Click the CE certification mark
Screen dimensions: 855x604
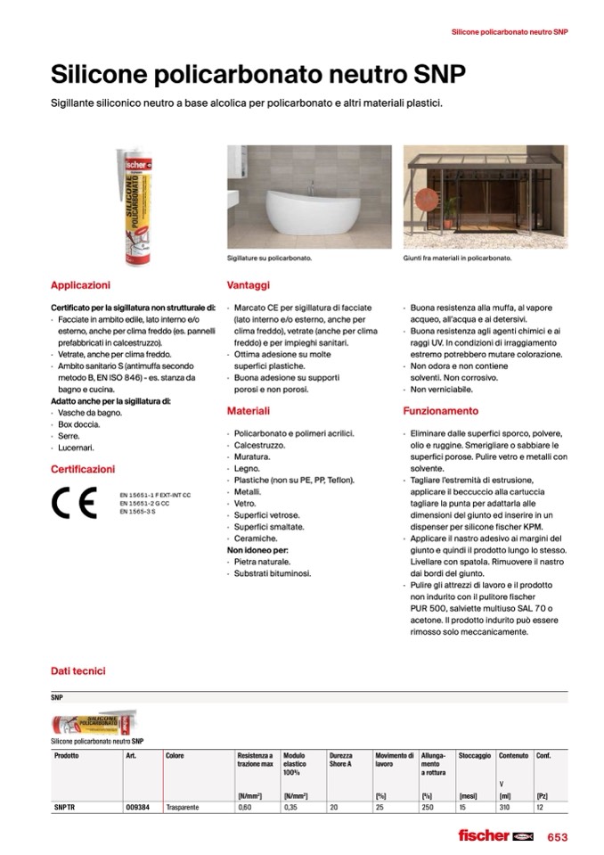coord(74,504)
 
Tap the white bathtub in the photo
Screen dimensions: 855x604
coord(298,215)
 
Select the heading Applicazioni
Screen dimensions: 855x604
coord(80,285)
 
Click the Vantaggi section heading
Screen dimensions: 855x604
coord(248,285)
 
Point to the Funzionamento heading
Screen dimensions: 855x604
coord(440,412)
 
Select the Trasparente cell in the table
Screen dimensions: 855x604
coord(183,807)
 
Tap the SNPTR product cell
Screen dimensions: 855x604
coord(65,807)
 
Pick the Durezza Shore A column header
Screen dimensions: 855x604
coord(340,760)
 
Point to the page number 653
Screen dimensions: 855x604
coord(557,836)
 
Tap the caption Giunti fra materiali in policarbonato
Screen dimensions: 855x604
coord(457,257)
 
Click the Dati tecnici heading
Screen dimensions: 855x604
coord(78,670)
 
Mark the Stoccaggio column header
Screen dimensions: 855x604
coord(474,755)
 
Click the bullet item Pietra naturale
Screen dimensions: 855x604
coord(262,562)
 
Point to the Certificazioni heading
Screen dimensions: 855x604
coord(83,469)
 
